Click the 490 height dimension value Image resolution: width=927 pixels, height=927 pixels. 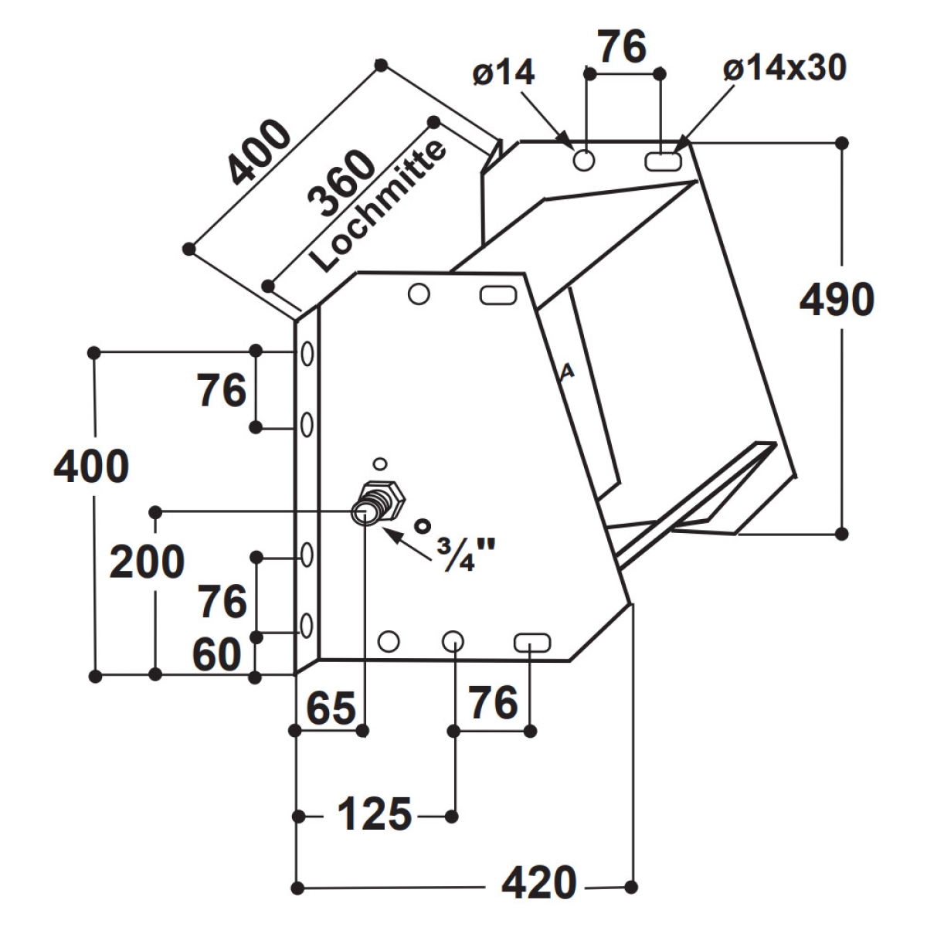(837, 301)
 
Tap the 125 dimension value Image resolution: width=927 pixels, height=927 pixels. (375, 814)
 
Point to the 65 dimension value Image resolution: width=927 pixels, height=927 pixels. (331, 708)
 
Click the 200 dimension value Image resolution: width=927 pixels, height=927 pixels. (147, 562)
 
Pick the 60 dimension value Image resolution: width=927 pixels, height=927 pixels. (217, 655)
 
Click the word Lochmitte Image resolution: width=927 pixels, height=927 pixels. (378, 206)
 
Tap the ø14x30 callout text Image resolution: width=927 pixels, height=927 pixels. (785, 67)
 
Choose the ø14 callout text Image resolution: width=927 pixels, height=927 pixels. (504, 73)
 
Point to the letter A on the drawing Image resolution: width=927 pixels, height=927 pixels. (568, 371)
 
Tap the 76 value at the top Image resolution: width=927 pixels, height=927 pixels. (623, 47)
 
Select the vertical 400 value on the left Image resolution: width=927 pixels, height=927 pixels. (91, 467)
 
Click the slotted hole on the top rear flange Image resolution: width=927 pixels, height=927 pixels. (663, 161)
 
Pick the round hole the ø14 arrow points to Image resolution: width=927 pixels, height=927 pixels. (584, 160)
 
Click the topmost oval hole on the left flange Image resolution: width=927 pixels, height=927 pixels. (307, 355)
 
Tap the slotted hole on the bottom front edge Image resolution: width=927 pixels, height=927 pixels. (532, 642)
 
